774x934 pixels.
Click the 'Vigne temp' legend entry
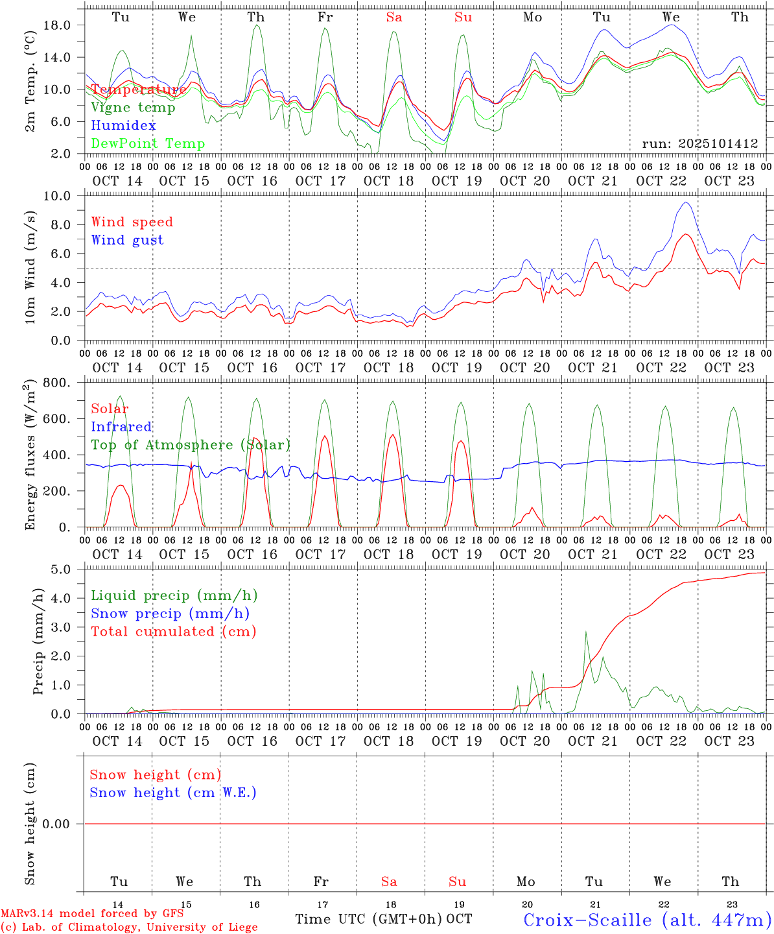tap(133, 108)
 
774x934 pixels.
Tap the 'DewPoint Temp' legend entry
tap(148, 144)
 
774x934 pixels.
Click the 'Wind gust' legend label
tap(127, 240)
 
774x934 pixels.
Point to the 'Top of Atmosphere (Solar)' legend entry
tap(191, 445)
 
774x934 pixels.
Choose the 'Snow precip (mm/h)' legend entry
tap(170, 614)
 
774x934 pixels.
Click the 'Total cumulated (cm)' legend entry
tap(173, 632)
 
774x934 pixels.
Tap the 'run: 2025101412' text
tap(700, 144)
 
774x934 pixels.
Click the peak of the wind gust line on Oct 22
tap(685, 202)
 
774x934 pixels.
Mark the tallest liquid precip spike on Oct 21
tap(586, 632)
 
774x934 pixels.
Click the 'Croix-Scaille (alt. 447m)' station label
tap(647, 920)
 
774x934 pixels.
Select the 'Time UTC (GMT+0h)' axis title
tap(368, 919)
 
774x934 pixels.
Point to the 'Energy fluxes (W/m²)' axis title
tap(30, 456)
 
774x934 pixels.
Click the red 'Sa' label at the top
tap(394, 18)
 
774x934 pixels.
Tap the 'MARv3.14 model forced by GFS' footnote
tap(91, 914)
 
